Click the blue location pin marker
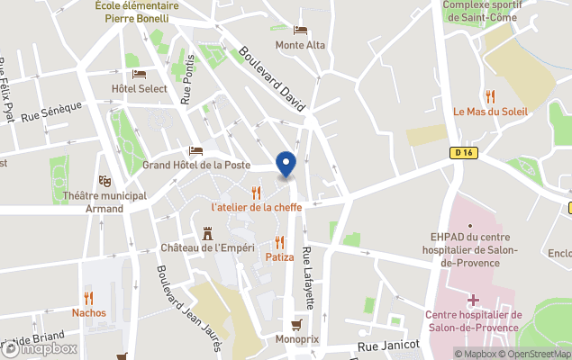click(286, 165)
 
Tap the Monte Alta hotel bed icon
click(299, 30)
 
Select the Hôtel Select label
click(140, 88)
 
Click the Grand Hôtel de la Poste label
click(196, 166)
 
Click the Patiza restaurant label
click(279, 256)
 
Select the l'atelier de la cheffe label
click(257, 206)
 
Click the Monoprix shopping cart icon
click(295, 325)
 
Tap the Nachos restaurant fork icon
click(88, 297)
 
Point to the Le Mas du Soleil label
click(490, 112)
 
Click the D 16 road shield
click(463, 153)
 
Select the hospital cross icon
click(473, 299)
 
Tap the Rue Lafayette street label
click(308, 278)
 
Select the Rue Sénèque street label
click(51, 112)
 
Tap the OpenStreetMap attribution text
click(538, 354)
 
